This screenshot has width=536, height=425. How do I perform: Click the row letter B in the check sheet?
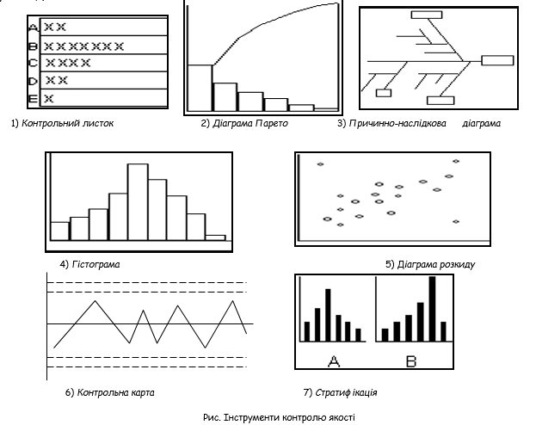pos(34,45)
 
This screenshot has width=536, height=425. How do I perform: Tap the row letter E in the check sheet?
pos(33,99)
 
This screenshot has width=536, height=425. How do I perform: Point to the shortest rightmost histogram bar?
pos(216,237)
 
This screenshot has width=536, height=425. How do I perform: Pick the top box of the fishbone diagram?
pos(426,14)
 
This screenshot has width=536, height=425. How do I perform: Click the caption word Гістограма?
pos(95,264)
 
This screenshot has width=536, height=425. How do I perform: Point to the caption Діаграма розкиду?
pos(436,264)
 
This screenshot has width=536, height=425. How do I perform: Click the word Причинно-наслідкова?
pos(395,123)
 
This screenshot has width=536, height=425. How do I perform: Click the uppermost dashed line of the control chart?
pos(146,282)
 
